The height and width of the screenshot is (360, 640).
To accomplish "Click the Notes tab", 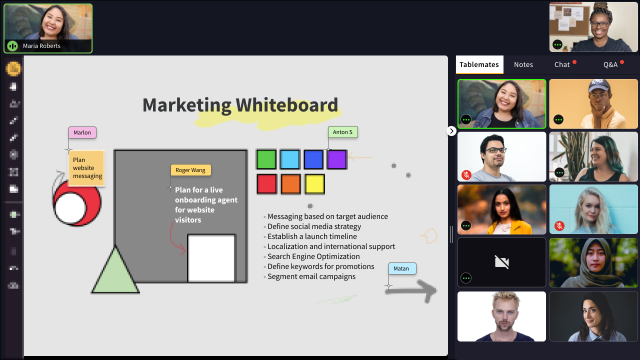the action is [x=523, y=64].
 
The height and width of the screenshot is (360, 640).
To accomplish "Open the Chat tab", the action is [x=561, y=64].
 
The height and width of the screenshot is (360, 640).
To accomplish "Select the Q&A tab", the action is [x=610, y=64].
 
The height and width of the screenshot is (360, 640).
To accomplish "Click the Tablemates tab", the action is [x=479, y=64].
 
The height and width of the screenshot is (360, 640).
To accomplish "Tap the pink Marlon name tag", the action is [x=82, y=132].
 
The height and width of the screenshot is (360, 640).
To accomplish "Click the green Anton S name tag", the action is [x=342, y=132].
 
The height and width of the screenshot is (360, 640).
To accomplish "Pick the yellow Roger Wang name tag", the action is [x=190, y=170].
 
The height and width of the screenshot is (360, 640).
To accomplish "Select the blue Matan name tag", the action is [x=402, y=268].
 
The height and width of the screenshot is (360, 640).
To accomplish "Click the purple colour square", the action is [x=337, y=159].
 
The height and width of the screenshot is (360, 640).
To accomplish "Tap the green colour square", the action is [x=266, y=159].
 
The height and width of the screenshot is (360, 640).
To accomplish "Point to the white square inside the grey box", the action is [x=211, y=258].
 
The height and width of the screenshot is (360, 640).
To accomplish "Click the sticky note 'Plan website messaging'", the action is [x=87, y=168].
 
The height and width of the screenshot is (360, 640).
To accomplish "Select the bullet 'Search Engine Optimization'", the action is [x=311, y=256].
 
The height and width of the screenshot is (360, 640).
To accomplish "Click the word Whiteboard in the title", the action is [x=287, y=105].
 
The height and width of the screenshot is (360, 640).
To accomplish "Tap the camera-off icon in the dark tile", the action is [x=501, y=262].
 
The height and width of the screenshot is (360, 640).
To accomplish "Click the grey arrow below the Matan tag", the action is [x=411, y=291].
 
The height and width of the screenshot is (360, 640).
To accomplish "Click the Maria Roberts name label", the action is [x=41, y=46].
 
